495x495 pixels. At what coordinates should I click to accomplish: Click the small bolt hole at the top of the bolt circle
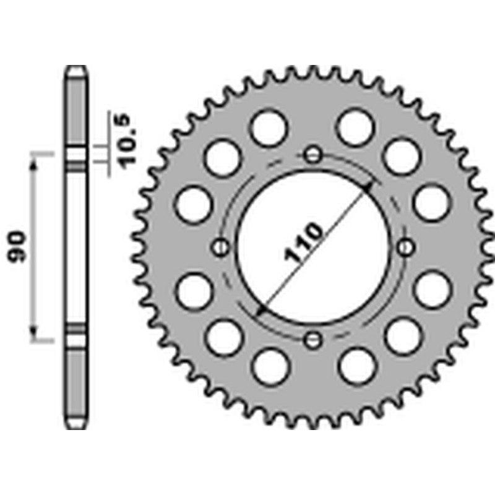[314, 154]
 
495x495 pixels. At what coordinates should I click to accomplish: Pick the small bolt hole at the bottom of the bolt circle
[314, 340]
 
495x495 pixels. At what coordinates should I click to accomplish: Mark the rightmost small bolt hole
[406, 247]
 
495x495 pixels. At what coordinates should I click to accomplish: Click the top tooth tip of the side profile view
[76, 68]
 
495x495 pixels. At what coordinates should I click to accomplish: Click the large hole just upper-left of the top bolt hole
[269, 127]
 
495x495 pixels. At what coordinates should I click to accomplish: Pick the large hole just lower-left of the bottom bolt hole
[270, 366]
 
